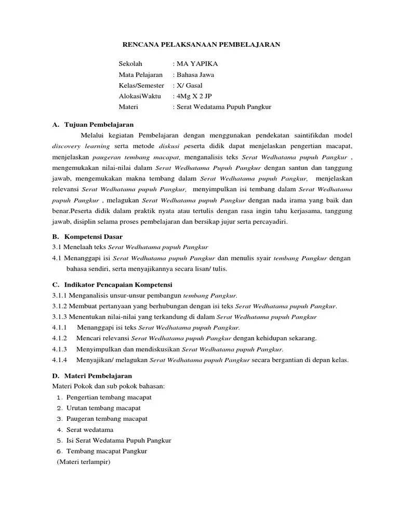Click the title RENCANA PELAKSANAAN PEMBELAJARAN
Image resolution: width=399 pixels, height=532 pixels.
coord(199,45)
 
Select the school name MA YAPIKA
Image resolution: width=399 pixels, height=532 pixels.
coord(198,64)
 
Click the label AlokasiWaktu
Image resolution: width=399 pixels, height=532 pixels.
coord(140,96)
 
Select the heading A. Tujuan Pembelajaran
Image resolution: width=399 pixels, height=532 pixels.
coord(93,125)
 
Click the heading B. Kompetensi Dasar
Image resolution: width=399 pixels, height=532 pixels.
coord(88,236)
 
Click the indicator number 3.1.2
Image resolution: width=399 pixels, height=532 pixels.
coord(61,306)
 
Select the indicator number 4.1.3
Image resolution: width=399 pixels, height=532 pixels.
coord(60,349)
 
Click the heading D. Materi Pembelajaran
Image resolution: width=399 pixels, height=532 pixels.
coord(92,376)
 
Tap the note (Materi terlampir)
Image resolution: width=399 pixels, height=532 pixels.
coord(84,462)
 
